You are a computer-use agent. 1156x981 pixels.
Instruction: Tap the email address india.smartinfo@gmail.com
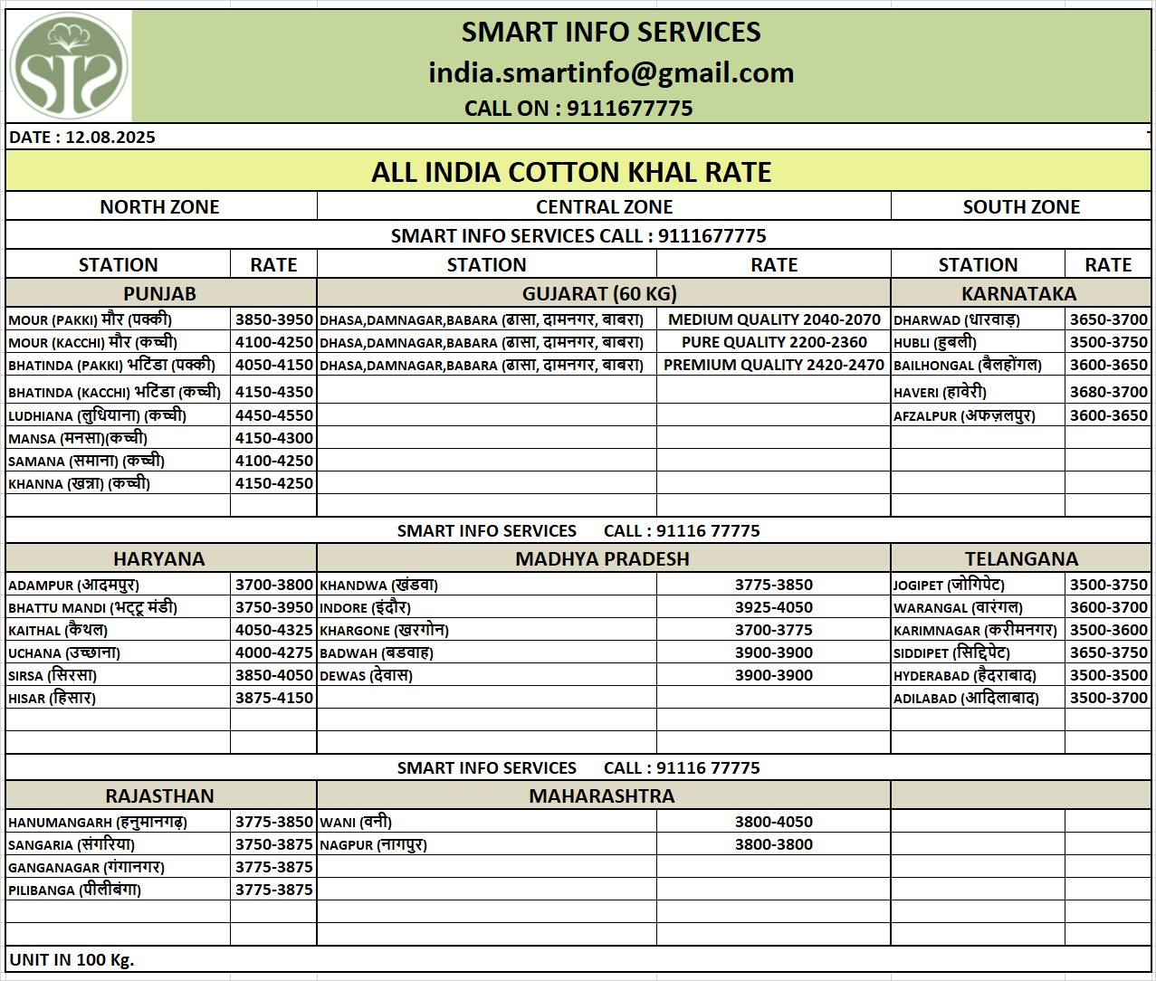tap(611, 72)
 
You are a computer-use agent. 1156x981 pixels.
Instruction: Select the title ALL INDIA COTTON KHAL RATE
tap(571, 172)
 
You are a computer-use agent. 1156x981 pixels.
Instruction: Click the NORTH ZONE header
tap(159, 206)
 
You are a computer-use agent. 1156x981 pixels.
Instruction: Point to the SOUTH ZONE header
tap(1021, 206)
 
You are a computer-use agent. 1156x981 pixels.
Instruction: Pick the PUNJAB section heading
tap(159, 293)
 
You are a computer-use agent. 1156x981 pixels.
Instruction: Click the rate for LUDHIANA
tap(273, 415)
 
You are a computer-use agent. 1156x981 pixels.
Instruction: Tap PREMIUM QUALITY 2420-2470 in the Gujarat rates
tap(774, 365)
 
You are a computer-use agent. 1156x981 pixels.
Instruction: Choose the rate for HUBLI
tap(1108, 342)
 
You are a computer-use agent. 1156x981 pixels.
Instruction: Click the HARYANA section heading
tap(159, 558)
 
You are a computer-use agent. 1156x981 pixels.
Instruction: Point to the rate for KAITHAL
tap(273, 630)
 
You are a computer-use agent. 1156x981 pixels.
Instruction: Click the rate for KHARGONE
tap(774, 630)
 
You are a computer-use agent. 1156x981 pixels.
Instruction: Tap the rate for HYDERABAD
tap(1108, 675)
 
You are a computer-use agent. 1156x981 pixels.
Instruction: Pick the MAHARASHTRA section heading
tap(602, 795)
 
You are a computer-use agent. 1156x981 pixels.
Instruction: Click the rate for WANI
tap(774, 822)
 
